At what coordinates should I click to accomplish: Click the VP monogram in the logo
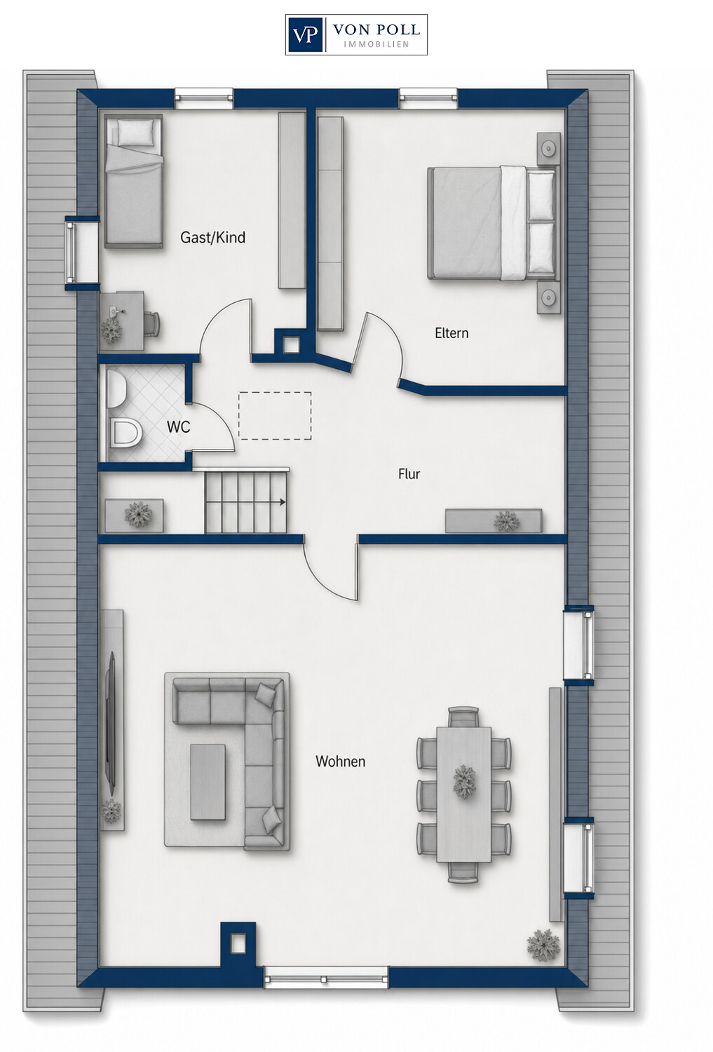[x=306, y=35]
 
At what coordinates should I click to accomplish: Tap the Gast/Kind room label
[x=212, y=238]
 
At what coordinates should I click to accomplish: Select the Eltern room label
[x=451, y=333]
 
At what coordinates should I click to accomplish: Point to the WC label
[x=178, y=427]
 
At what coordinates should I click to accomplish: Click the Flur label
[x=409, y=474]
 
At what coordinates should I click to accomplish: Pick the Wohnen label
[x=340, y=761]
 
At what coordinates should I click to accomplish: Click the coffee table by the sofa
[x=208, y=782]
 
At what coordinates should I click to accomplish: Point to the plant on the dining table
[x=465, y=781]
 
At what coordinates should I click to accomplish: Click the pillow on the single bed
[x=135, y=132]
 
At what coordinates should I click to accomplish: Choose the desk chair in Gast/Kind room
[x=151, y=323]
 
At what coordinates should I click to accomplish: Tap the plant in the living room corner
[x=543, y=945]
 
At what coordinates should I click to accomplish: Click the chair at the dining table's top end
[x=463, y=717]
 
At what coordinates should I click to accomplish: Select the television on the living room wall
[x=111, y=720]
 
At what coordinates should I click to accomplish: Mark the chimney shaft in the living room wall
[x=238, y=944]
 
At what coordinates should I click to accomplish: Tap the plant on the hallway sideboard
[x=506, y=521]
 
